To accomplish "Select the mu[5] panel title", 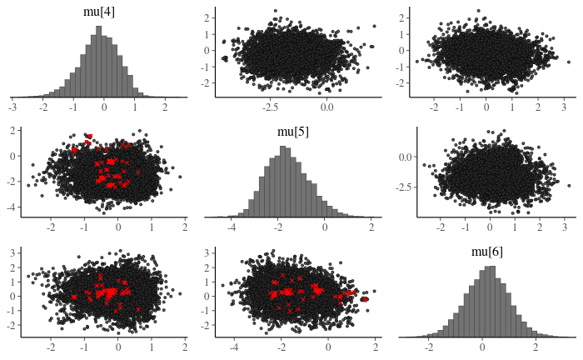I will pyautogui.click(x=293, y=132).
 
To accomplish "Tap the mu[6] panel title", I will pyautogui.click(x=487, y=252).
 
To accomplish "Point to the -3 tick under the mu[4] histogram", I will pyautogui.click(x=12, y=107).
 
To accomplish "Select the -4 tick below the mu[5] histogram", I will pyautogui.click(x=232, y=227).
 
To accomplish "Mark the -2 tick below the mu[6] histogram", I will pyautogui.click(x=430, y=346).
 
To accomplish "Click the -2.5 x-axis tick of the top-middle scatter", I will pyautogui.click(x=271, y=107).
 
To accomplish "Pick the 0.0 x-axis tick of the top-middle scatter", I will pyautogui.click(x=326, y=107).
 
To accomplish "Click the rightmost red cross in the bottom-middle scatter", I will pyautogui.click(x=364, y=297).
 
